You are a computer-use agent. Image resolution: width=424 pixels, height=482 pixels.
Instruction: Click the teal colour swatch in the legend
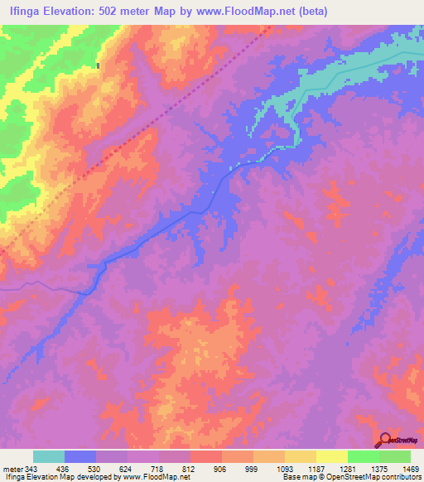point(49,456)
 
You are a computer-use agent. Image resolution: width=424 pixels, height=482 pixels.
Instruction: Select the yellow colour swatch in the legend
point(331,456)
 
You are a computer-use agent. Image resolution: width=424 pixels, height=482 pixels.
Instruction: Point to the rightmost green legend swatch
point(394,456)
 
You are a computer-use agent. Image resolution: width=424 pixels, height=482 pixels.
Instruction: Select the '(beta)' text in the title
point(311,11)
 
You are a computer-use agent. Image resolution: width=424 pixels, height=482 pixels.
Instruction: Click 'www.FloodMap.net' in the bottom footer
point(156,477)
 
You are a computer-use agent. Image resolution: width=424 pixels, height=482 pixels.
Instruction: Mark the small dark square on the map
point(98,65)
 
